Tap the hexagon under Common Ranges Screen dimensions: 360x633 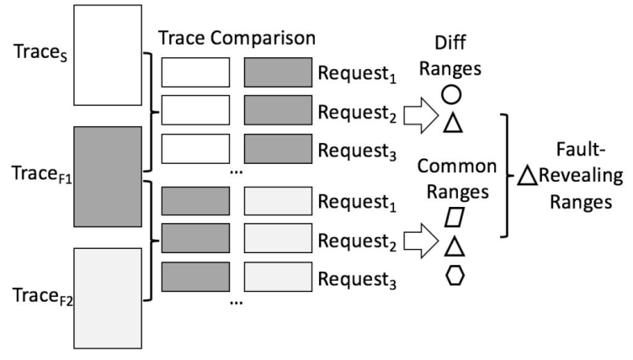pyautogui.click(x=454, y=275)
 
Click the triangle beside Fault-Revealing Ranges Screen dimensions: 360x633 pyautogui.click(x=527, y=176)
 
